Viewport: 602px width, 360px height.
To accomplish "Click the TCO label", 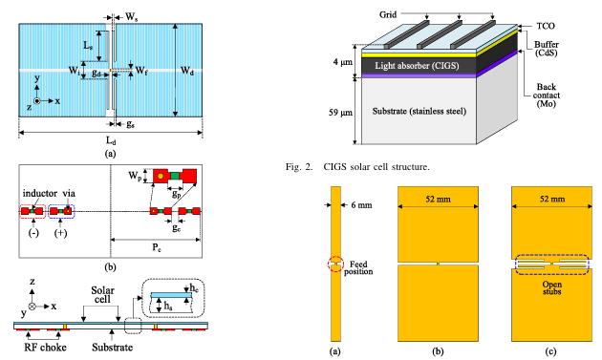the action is click(546, 26).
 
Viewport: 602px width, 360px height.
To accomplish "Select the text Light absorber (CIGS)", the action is click(417, 66).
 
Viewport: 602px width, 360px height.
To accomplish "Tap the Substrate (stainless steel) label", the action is click(419, 112).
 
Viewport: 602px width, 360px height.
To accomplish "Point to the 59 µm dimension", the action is click(340, 113).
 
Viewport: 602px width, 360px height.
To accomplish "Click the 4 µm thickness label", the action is click(343, 62).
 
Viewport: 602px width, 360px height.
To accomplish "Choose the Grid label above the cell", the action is click(388, 15).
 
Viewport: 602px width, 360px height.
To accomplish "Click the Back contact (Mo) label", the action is click(547, 95).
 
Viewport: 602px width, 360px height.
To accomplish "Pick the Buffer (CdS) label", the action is click(547, 49).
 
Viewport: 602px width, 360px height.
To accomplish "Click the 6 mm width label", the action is click(361, 205).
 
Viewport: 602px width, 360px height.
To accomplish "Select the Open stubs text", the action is click(551, 287).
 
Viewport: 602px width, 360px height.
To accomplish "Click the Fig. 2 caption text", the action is click(357, 167).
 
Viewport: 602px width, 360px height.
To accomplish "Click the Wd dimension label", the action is click(187, 71).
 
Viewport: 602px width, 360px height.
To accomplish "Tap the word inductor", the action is click(40, 193).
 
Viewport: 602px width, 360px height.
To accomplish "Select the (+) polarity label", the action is click(60, 233).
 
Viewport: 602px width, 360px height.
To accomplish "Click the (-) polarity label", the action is click(33, 233).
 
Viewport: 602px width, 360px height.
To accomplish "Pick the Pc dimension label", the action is click(157, 247).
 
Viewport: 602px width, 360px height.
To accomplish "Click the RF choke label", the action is click(45, 348).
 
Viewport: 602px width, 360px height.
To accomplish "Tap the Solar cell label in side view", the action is click(102, 295).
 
